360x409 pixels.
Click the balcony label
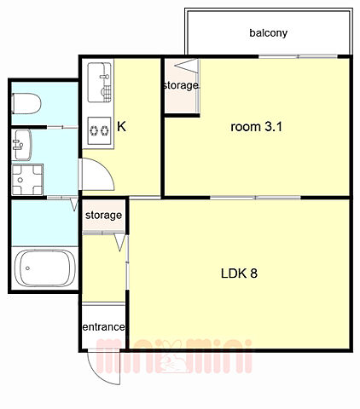click(268, 32)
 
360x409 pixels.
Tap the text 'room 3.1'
click(257, 127)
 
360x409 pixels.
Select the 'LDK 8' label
click(239, 274)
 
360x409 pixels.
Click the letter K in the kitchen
click(121, 126)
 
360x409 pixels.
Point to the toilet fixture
click(26, 103)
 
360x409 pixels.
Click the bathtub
click(45, 268)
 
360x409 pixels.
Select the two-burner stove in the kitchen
click(99, 131)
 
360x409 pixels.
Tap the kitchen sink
click(99, 83)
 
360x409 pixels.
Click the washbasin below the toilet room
click(21, 145)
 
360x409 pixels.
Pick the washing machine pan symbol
click(27, 180)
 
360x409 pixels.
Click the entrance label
click(103, 327)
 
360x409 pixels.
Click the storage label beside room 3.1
click(181, 85)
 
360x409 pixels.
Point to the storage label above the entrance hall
click(103, 216)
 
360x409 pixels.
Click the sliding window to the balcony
click(298, 57)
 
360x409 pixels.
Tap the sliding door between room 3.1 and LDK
click(255, 198)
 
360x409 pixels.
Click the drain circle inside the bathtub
click(27, 268)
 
